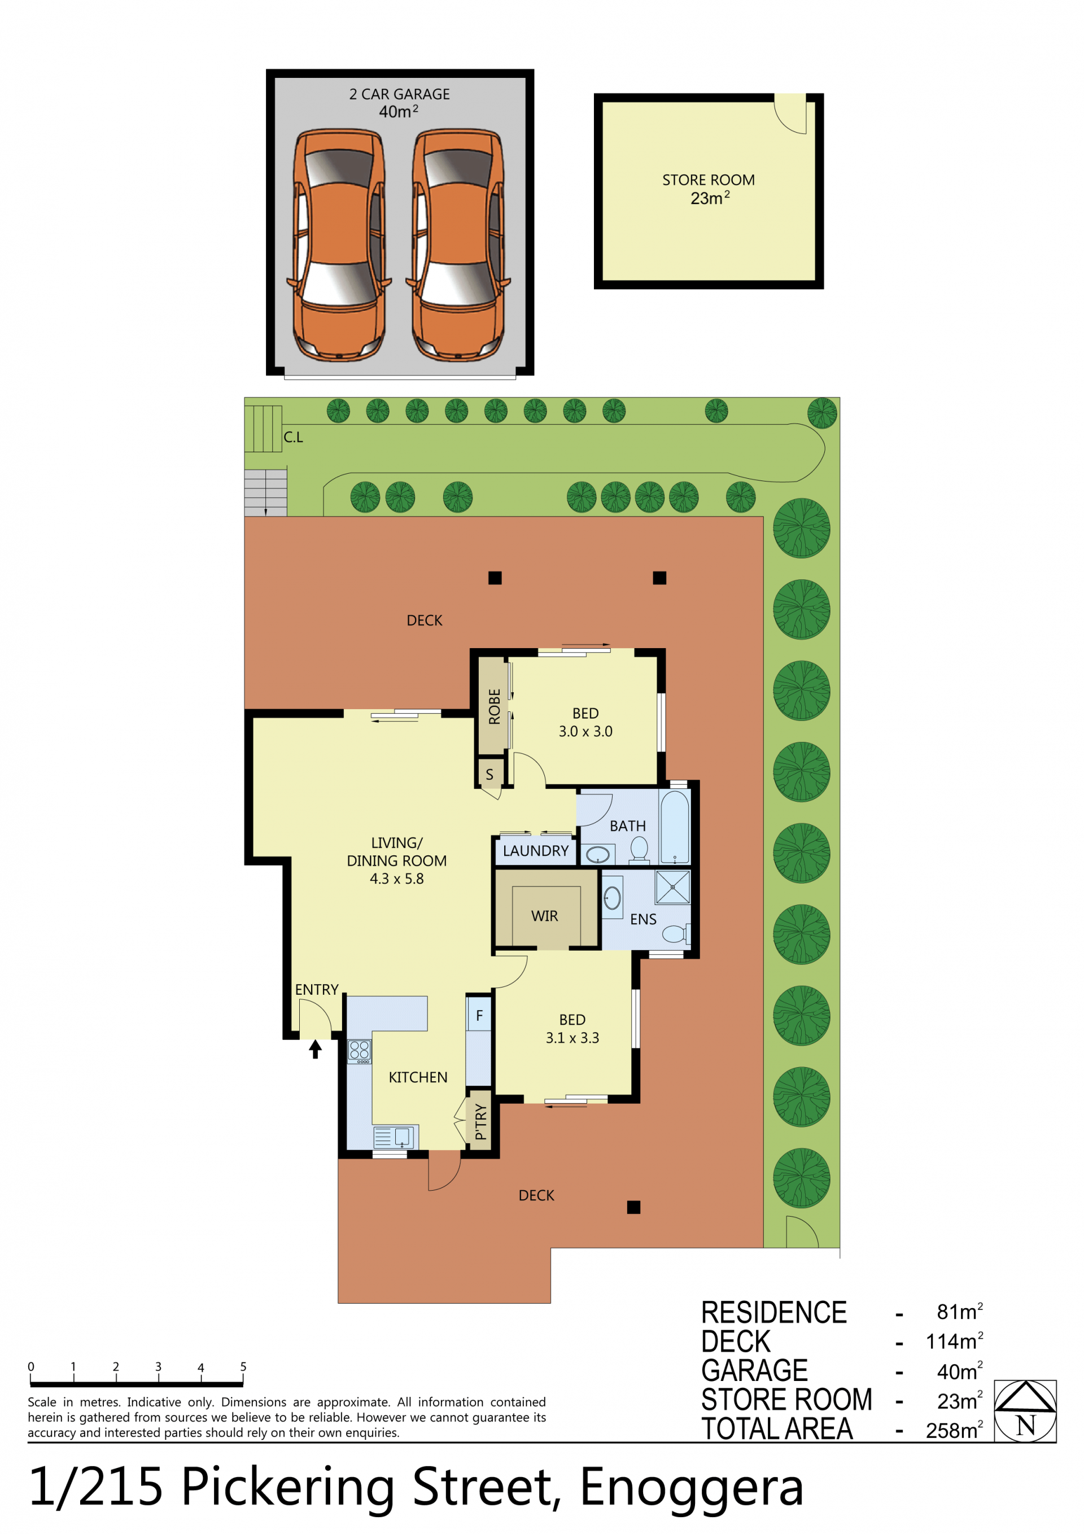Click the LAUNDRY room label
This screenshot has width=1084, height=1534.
point(535,850)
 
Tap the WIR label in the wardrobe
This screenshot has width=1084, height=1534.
point(544,916)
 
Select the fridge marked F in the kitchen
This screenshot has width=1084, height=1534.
point(479,1016)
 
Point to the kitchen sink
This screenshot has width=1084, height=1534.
point(394,1137)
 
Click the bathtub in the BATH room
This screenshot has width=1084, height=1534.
point(674,827)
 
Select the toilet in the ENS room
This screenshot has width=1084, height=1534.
point(676,933)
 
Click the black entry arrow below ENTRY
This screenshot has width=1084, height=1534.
point(316,1050)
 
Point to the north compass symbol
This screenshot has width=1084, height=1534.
point(1025,1410)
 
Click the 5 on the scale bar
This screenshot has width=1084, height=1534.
point(243,1366)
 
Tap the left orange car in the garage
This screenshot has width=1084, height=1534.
point(339,244)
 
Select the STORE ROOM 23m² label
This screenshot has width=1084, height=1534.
point(709,189)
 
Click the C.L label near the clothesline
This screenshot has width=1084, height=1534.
point(294,437)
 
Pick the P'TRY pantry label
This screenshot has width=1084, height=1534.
point(480,1122)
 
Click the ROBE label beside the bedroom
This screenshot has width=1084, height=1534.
point(495,706)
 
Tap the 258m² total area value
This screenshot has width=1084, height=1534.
point(954,1430)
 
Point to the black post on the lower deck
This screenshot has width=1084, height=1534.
point(633,1207)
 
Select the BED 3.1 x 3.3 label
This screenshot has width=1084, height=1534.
point(572,1028)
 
